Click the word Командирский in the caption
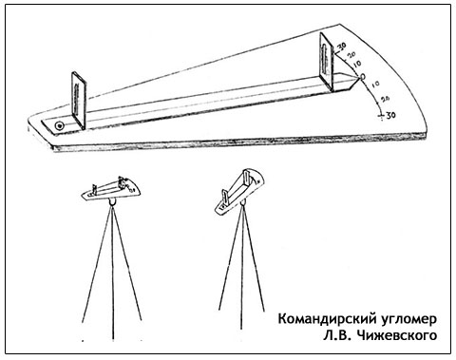(327, 319)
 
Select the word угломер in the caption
(408, 320)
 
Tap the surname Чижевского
(396, 335)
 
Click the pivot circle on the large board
(59, 126)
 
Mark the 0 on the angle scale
(362, 77)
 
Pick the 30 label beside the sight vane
(341, 47)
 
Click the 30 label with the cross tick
(390, 115)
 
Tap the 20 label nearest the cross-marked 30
(385, 100)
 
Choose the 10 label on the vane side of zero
(356, 64)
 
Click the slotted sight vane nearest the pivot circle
(79, 101)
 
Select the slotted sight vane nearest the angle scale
(327, 62)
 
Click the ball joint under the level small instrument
(113, 201)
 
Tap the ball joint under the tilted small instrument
(242, 201)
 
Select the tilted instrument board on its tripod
(239, 192)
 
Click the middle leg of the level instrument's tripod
(113, 273)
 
